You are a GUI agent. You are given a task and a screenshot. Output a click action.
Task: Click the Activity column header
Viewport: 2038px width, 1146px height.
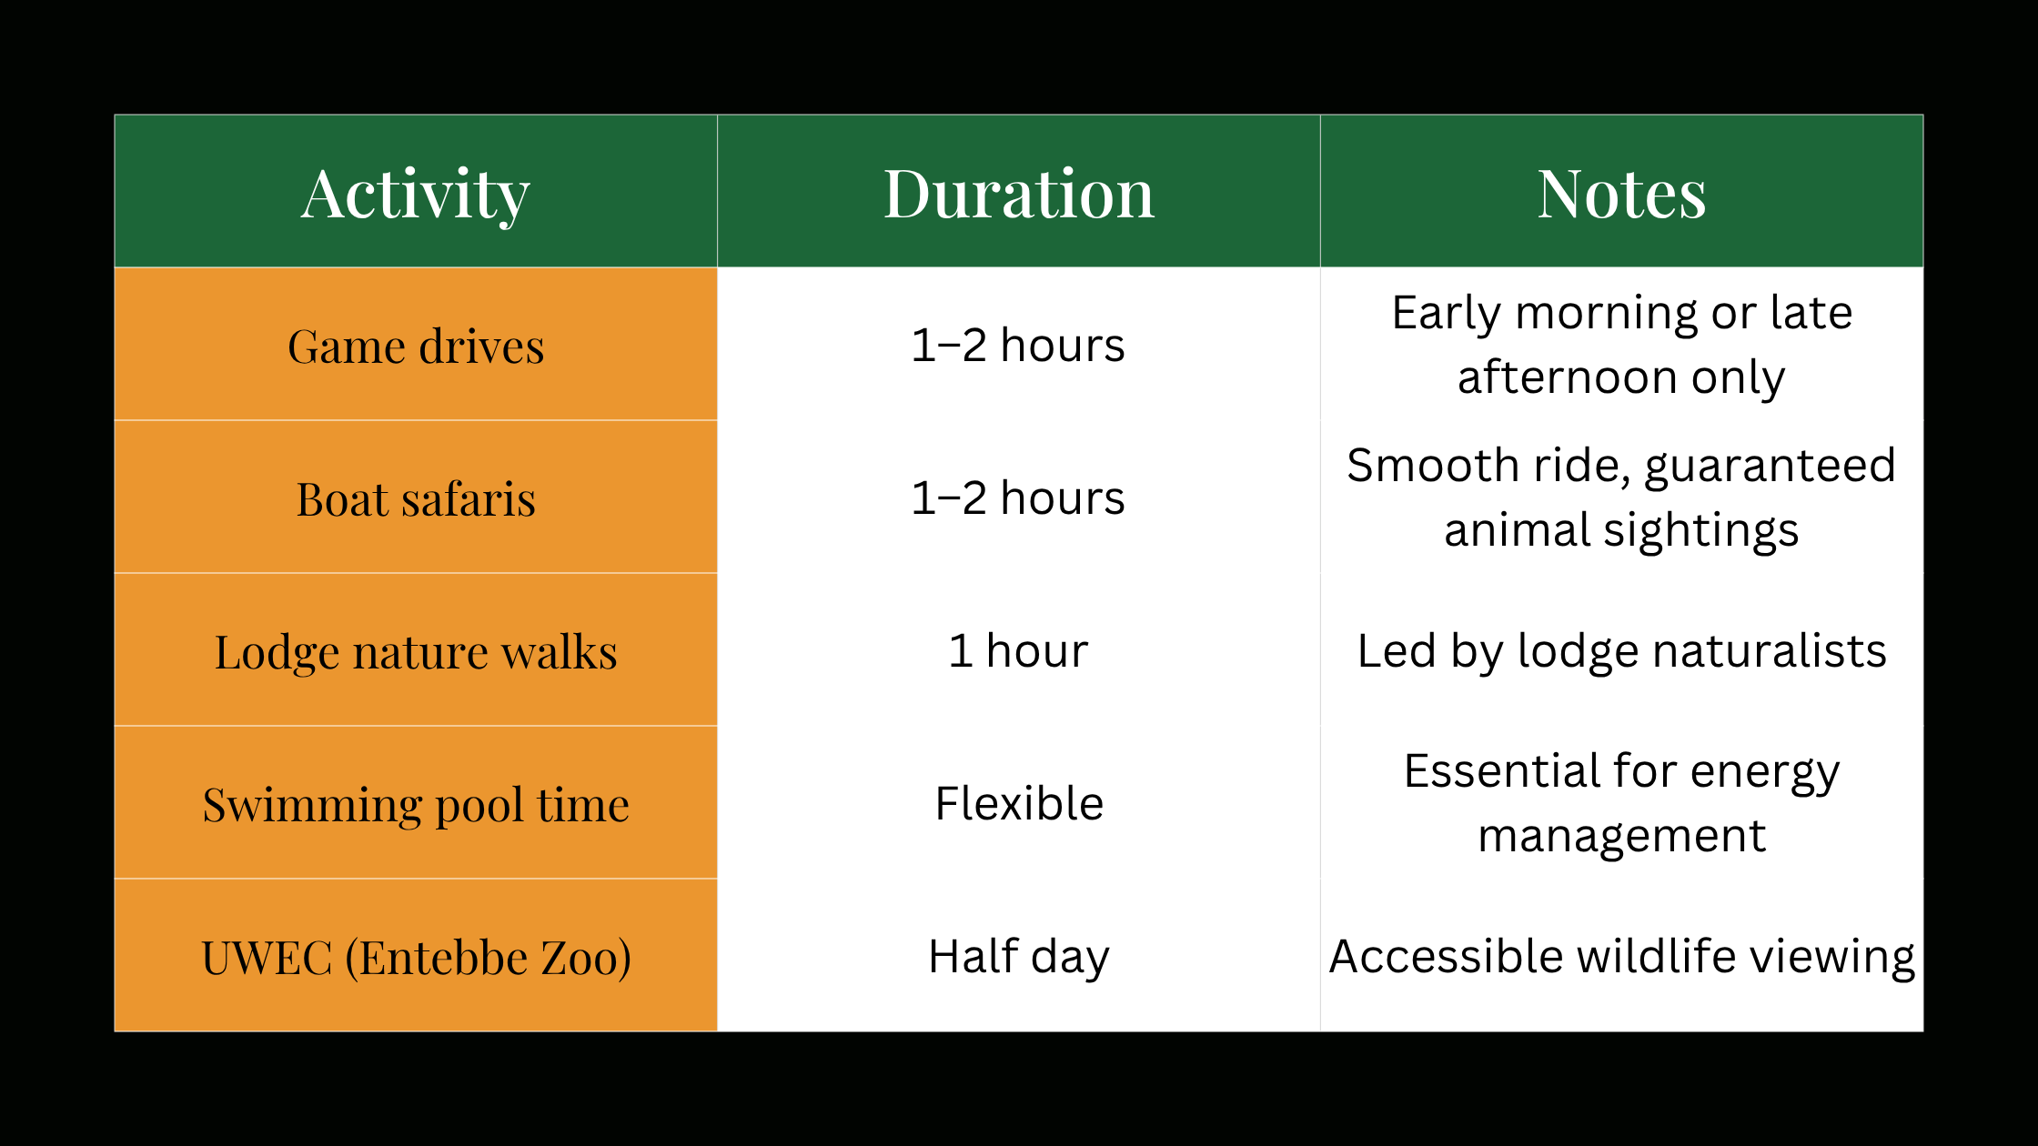tap(416, 194)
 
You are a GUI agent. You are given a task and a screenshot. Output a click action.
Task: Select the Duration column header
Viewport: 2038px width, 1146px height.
tap(1019, 194)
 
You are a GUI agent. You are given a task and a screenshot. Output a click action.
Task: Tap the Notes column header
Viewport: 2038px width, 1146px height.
tap(1621, 194)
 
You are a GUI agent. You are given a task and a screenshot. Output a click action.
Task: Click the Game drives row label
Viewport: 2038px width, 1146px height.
tap(416, 347)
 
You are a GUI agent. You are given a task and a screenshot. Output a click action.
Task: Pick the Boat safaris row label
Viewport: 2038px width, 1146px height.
tap(416, 499)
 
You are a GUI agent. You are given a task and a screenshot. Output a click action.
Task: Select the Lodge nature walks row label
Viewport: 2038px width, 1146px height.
tap(416, 652)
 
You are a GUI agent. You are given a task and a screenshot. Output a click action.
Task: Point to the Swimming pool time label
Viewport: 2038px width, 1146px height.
tap(416, 805)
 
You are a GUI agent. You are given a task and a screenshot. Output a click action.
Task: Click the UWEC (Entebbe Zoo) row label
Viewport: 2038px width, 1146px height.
tap(416, 958)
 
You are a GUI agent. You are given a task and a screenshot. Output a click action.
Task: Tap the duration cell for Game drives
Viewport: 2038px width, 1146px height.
tap(1018, 346)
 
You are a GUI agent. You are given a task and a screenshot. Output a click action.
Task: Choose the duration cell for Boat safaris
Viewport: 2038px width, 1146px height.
tap(1018, 498)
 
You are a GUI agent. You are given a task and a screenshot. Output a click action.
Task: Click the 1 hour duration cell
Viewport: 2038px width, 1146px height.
tap(1018, 651)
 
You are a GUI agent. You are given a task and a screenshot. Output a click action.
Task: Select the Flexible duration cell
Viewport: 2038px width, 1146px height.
tap(1019, 804)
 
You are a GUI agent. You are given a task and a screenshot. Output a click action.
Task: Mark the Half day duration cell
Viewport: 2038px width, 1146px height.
tap(1019, 957)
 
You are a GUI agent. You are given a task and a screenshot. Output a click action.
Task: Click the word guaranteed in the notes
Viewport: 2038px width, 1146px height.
tap(1770, 467)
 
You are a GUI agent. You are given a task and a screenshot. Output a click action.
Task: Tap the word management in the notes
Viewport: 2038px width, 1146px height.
tap(1621, 836)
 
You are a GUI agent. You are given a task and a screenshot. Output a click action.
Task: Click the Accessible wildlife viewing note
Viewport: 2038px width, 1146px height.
tap(1621, 957)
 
